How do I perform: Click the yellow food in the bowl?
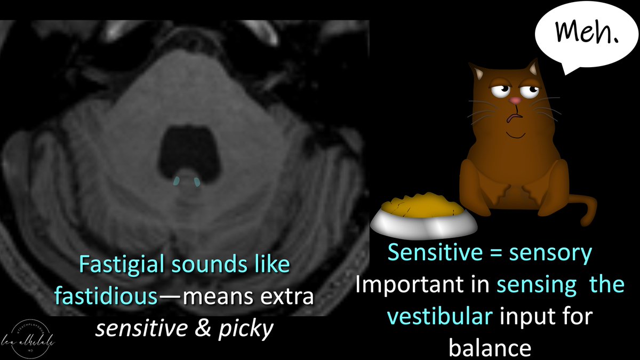click(421, 206)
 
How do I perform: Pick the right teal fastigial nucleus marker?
click(197, 182)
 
